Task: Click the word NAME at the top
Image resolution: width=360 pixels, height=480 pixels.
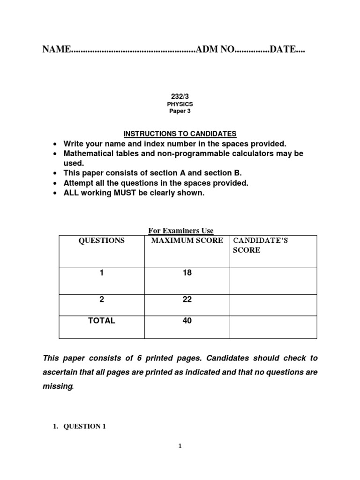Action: (x=56, y=50)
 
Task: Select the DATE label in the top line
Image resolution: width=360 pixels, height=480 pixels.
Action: (x=283, y=50)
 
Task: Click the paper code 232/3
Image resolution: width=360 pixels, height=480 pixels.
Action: (x=180, y=96)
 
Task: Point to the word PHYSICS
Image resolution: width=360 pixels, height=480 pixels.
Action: (x=180, y=104)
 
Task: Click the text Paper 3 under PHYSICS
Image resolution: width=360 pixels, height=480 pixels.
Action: (x=180, y=112)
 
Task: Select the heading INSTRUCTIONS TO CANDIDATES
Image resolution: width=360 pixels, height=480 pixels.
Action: (x=180, y=134)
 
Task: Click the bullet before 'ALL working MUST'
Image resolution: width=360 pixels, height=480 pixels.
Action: (x=56, y=193)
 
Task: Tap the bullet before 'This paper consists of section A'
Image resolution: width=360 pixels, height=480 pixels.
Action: (x=56, y=173)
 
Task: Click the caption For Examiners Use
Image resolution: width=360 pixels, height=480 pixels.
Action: (x=181, y=231)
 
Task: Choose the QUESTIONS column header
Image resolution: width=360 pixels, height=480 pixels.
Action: (x=102, y=240)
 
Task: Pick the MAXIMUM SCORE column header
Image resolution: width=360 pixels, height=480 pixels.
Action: (x=187, y=240)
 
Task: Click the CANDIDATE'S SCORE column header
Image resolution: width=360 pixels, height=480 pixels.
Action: (x=261, y=245)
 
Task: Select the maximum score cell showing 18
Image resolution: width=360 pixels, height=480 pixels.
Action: (x=187, y=273)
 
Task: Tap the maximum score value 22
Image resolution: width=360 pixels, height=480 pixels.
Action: (x=187, y=300)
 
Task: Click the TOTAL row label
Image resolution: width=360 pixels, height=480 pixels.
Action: (x=102, y=321)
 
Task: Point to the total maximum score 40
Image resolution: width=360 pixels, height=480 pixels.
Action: (x=187, y=321)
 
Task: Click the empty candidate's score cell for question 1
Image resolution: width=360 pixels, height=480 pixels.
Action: (x=273, y=281)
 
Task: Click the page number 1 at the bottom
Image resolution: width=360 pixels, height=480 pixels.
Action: (x=180, y=446)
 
